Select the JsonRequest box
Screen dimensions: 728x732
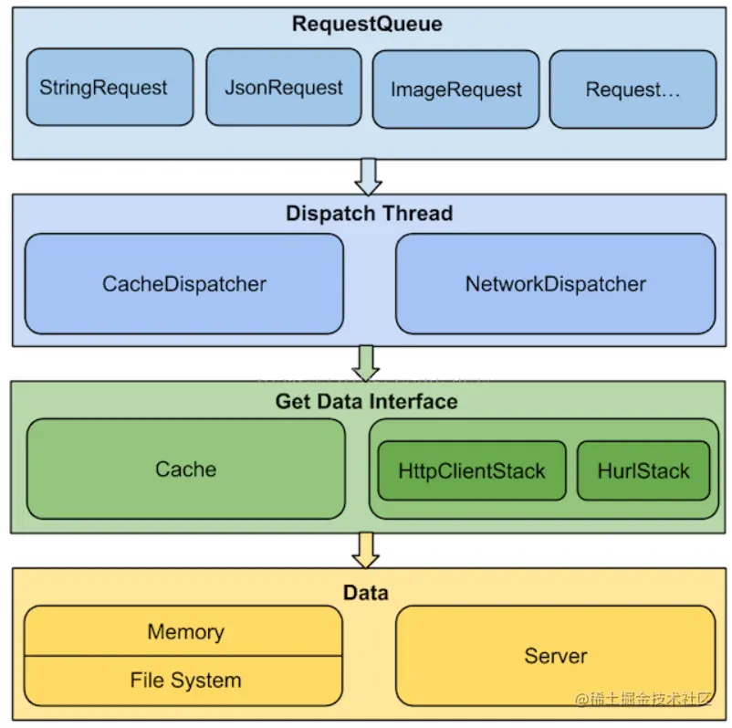284,88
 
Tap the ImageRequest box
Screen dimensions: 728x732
456,89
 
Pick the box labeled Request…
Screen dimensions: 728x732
633,89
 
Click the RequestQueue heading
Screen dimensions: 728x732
367,25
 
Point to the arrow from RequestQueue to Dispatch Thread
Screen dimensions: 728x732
368,176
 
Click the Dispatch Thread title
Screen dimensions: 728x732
369,214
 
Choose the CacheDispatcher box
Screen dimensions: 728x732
184,283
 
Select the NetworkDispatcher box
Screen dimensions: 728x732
555,283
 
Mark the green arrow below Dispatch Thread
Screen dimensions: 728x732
368,363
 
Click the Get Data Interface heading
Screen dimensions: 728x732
367,401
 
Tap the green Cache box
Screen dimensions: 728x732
186,470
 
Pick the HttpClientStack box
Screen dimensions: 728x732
472,471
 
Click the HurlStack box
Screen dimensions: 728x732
643,471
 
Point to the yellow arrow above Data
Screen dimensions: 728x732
368,550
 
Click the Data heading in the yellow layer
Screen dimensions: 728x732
366,593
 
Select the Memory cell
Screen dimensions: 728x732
185,632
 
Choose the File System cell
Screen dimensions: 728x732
185,681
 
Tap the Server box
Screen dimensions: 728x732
556,656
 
